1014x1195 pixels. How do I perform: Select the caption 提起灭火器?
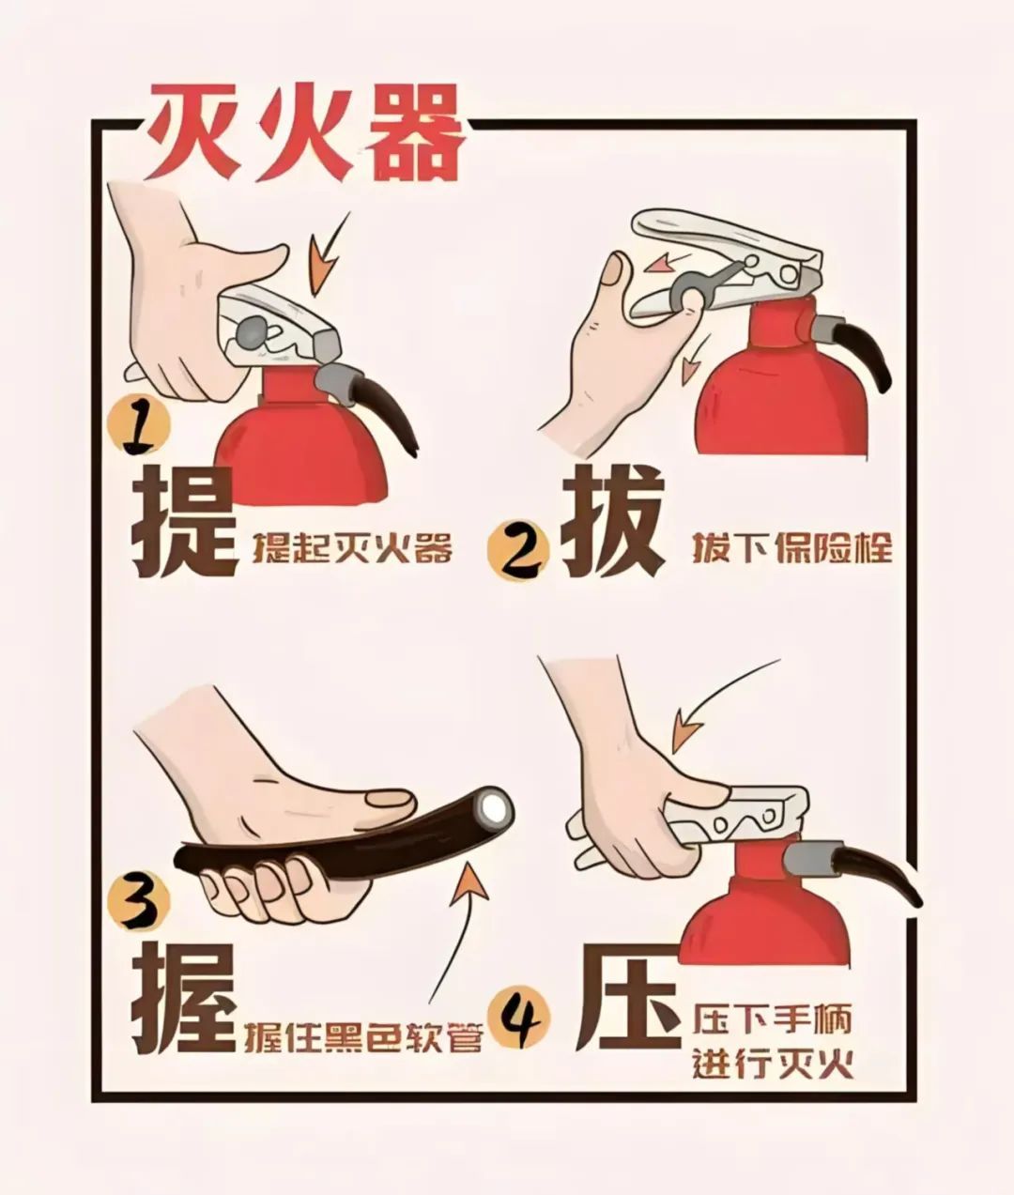pyautogui.click(x=352, y=547)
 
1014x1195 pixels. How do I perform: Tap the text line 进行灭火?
pyautogui.click(x=772, y=1065)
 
